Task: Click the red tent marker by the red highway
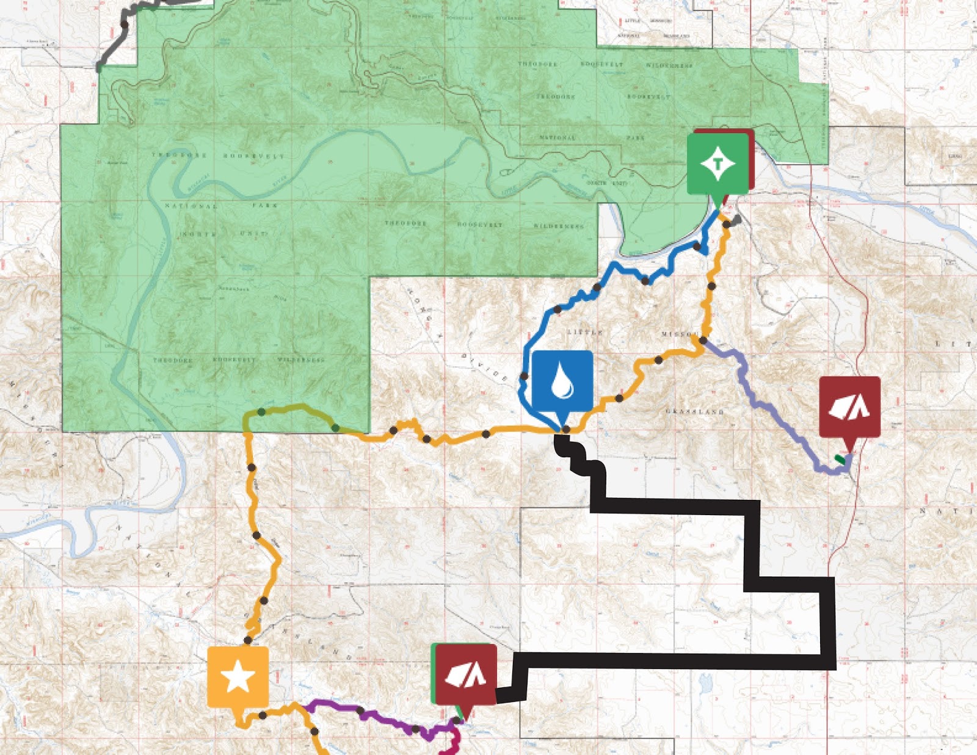coord(849,407)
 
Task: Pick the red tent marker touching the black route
coord(465,674)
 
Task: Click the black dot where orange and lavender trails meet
coord(703,340)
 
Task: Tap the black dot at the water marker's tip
coord(566,430)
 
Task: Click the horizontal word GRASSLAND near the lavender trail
coord(694,412)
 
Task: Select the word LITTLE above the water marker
coord(585,332)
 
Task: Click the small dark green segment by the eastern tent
coord(841,458)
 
